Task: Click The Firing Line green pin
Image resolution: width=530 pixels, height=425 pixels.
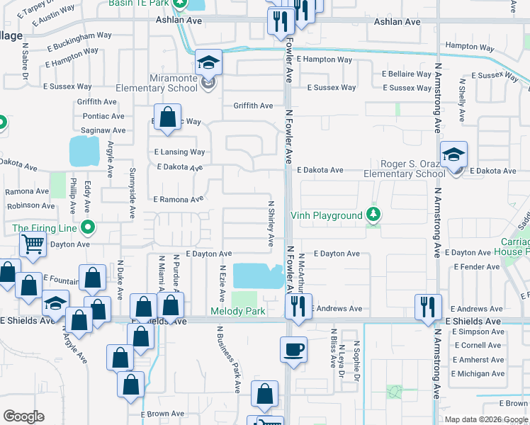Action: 87,228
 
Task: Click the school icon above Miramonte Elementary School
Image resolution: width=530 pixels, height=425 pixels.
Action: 208,64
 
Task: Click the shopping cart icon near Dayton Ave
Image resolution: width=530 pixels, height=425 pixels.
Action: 33,244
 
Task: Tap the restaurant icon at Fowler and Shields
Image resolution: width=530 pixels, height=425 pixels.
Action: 298,307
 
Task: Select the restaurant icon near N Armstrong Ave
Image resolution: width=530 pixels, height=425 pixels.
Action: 428,307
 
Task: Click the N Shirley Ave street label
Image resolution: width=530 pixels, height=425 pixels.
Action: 271,224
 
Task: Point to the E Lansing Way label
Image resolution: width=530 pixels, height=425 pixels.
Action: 179,152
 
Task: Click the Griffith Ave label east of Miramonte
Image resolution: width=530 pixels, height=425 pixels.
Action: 254,106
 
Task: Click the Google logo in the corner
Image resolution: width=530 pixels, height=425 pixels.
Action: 23,416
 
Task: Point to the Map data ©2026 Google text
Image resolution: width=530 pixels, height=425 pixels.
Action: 486,419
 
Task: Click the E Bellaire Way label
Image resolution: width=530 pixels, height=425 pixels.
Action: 407,74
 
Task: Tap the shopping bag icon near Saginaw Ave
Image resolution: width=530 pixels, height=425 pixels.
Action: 168,118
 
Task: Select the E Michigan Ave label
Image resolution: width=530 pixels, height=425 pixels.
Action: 478,373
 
